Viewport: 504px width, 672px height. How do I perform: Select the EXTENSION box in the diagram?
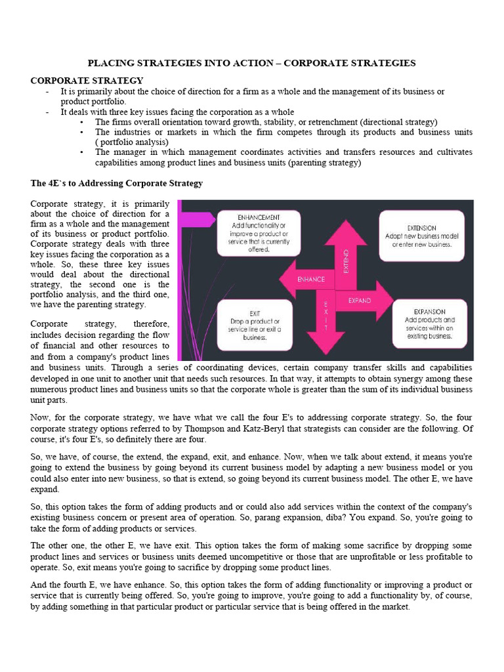coord(426,235)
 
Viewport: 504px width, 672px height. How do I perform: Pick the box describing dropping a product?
coord(255,325)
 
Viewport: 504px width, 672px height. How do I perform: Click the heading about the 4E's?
coord(117,183)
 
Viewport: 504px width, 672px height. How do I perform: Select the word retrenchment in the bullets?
coord(335,122)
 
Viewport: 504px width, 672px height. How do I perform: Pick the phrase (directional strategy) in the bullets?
coord(401,122)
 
